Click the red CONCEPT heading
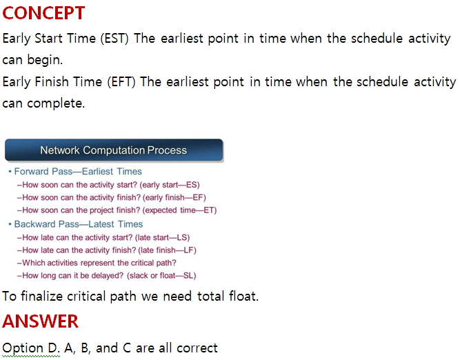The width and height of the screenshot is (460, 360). click(44, 12)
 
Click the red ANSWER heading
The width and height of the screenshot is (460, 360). click(41, 321)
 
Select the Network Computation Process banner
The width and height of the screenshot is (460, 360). click(114, 150)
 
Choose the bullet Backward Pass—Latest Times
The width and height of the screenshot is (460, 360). click(79, 224)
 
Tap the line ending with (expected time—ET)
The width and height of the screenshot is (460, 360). click(119, 210)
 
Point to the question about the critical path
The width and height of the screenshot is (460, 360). click(99, 263)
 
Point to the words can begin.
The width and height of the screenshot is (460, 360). click(32, 59)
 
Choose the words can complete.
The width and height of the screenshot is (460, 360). click(43, 103)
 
